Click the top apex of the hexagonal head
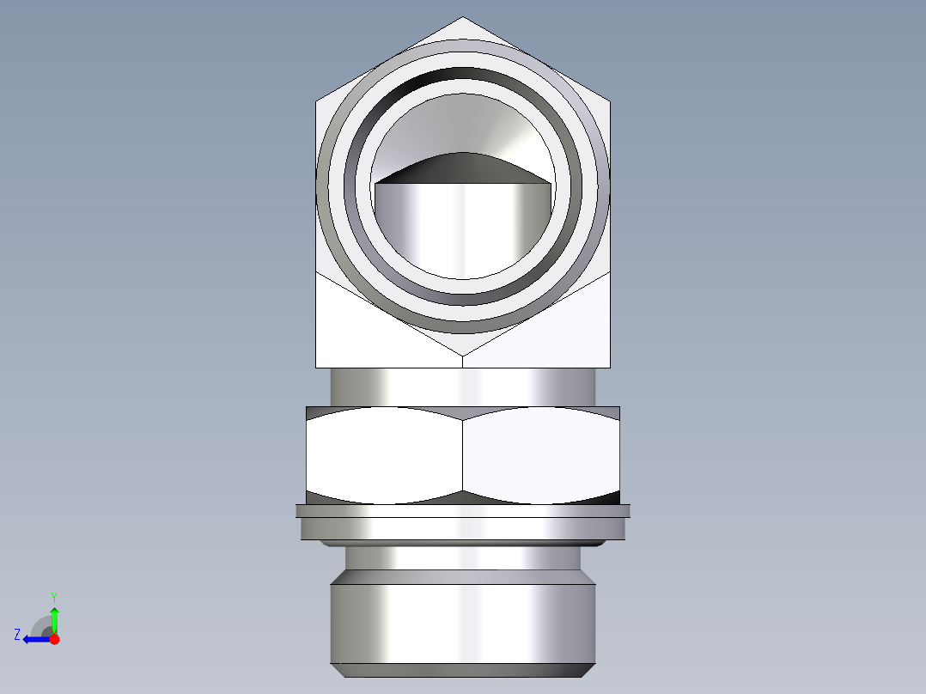click(x=463, y=18)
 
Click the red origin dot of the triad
click(x=54, y=639)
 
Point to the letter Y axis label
click(x=53, y=596)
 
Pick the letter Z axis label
click(x=17, y=635)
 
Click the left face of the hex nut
click(x=384, y=455)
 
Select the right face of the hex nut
click(x=541, y=455)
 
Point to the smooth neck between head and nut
click(x=463, y=387)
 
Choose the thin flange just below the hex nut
click(x=463, y=511)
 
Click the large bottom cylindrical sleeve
click(x=463, y=623)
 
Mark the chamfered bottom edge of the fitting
click(x=463, y=671)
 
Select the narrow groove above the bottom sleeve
click(x=463, y=557)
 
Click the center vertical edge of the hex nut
click(x=463, y=455)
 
